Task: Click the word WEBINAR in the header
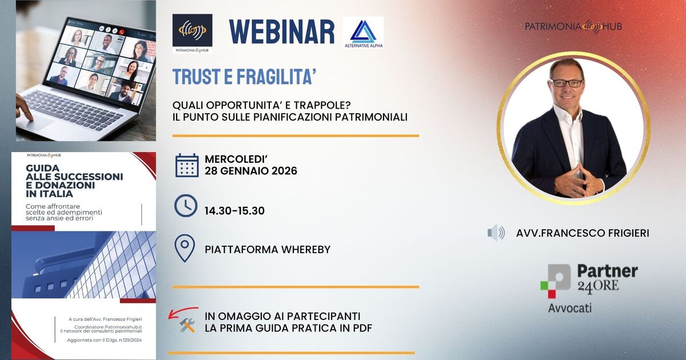(282, 31)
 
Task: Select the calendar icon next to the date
(186, 165)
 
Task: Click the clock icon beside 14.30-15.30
(186, 206)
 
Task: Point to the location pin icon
(185, 249)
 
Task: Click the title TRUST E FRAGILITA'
(245, 77)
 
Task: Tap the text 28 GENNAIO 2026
(250, 171)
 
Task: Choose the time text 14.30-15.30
(234, 211)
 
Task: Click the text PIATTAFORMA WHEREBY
(267, 250)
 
